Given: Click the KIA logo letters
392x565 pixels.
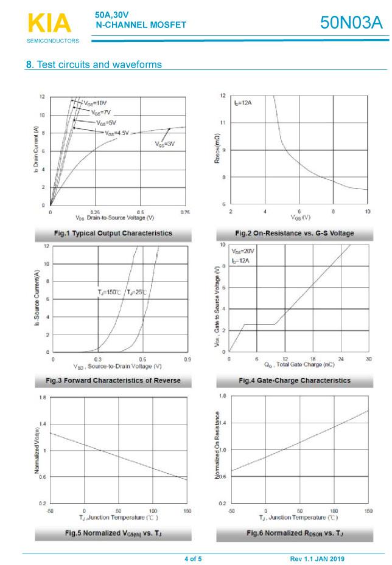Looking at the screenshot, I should pyautogui.click(x=49, y=23).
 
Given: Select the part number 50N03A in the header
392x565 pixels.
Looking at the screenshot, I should pyautogui.click(x=352, y=23).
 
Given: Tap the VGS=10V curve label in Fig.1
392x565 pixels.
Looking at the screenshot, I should pyautogui.click(x=96, y=103).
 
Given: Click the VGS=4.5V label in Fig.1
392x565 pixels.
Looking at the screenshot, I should pyautogui.click(x=117, y=133).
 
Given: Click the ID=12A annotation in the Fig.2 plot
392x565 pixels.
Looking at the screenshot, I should pyautogui.click(x=242, y=103).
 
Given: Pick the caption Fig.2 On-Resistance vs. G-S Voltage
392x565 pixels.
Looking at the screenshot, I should pyautogui.click(x=294, y=233).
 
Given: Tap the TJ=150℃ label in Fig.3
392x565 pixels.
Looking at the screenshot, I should pyautogui.click(x=110, y=293).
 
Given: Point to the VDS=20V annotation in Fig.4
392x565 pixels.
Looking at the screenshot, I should pyautogui.click(x=242, y=251).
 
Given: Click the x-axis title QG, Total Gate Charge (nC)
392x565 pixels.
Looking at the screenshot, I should pyautogui.click(x=299, y=365).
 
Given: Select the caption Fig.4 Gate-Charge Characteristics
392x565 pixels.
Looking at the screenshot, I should pyautogui.click(x=294, y=380).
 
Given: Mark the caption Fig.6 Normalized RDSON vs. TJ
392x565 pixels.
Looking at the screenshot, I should pyautogui.click(x=294, y=533).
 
